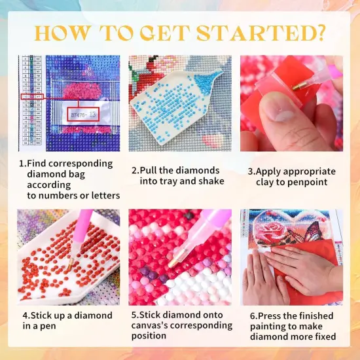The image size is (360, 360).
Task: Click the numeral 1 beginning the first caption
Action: (x=22, y=164)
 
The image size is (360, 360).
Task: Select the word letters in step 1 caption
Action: (x=101, y=196)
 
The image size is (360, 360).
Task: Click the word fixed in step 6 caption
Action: (x=322, y=336)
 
